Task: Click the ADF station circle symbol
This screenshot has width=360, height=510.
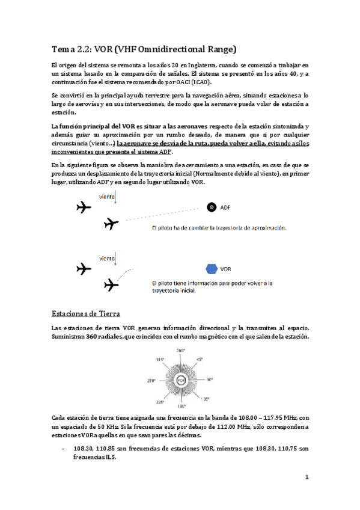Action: point(212,207)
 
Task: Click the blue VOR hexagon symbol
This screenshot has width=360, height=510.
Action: point(212,268)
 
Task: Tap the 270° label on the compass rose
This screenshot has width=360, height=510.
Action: point(151,380)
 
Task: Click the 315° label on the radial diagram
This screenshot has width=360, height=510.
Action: point(160,360)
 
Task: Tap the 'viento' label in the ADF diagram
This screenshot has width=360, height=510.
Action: point(108,195)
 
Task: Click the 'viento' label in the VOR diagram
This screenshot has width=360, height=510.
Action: point(108,259)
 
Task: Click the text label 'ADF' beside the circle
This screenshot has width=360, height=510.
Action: point(225,208)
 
